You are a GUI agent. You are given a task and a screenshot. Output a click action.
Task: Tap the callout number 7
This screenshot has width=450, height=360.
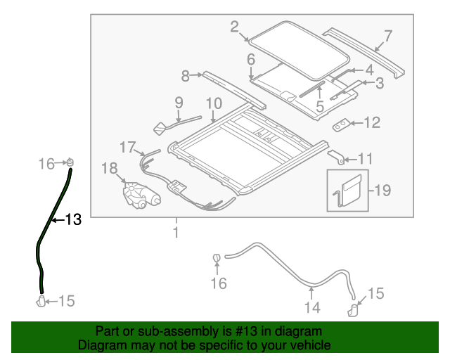point(388,35)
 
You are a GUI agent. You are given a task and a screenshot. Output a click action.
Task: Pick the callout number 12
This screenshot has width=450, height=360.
point(371,123)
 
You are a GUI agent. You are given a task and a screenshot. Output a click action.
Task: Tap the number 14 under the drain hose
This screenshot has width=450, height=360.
point(311,307)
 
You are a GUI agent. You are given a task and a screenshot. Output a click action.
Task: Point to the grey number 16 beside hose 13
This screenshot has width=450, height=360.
point(46,164)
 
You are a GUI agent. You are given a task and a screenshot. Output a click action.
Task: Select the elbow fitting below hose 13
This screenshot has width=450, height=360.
point(41,302)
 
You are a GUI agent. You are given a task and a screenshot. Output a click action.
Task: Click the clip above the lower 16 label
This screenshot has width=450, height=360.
point(217,259)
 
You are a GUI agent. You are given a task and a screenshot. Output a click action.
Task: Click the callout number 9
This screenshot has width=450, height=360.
point(179,102)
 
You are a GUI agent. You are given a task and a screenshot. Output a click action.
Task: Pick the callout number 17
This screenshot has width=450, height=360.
point(127,147)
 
